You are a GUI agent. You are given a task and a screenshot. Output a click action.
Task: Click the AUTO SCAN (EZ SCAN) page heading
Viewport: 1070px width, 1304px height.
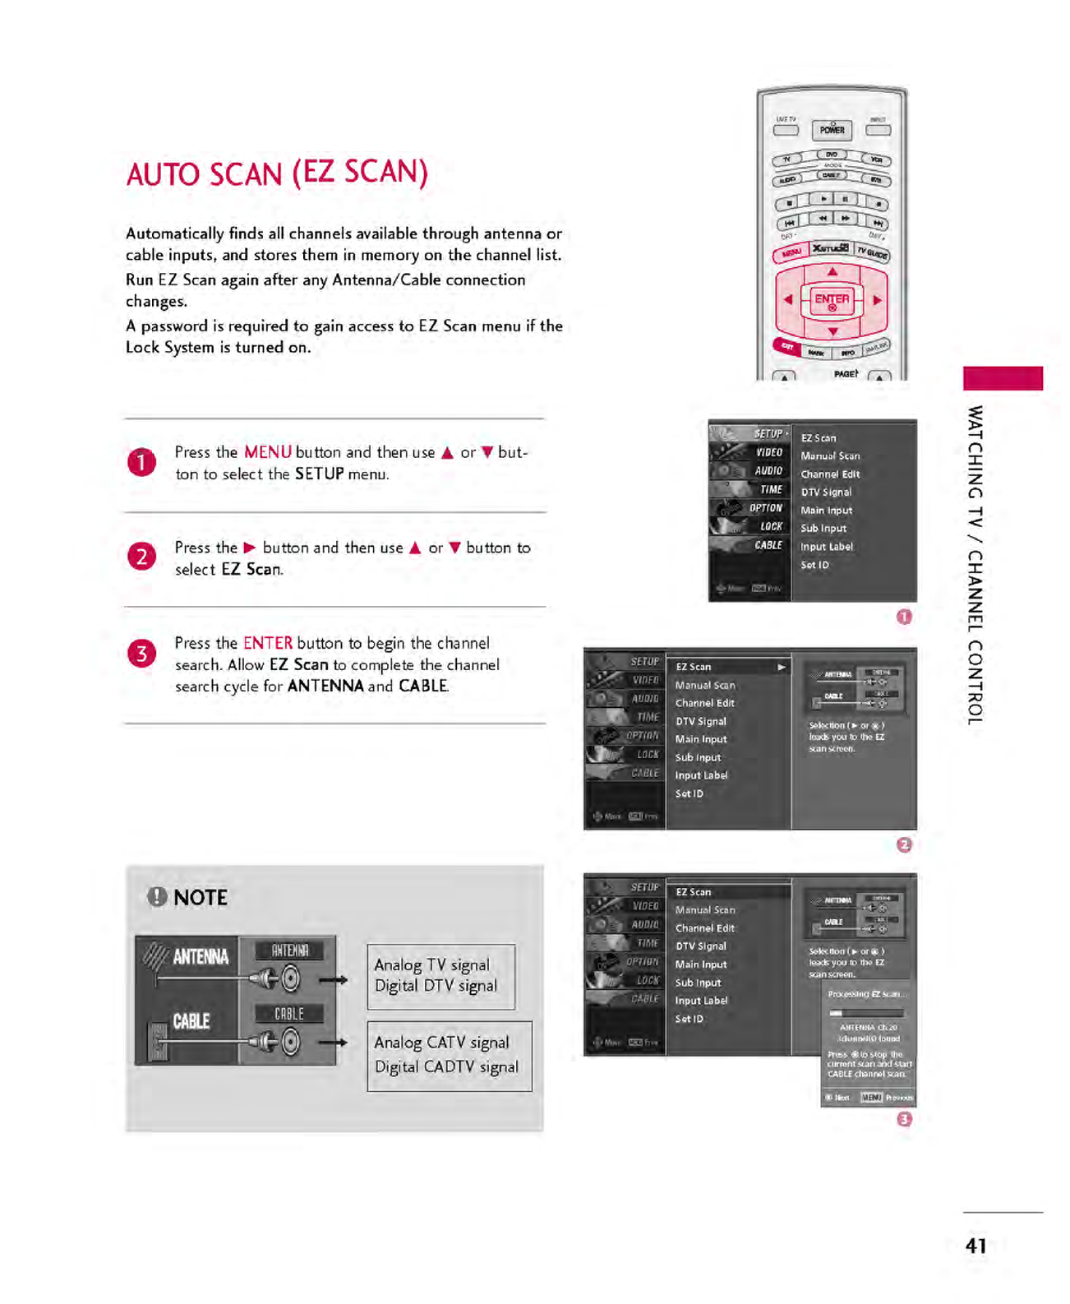(277, 173)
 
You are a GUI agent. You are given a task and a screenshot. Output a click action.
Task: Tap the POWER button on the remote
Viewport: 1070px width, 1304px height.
(832, 130)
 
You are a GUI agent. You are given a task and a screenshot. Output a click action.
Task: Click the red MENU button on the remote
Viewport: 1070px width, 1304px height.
(791, 253)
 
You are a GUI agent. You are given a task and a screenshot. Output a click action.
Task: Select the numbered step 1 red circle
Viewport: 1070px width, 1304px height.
(141, 462)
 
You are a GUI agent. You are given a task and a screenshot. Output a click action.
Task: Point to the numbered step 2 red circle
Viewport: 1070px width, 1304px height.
(141, 557)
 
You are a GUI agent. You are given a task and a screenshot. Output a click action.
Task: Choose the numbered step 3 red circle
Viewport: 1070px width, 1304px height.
(141, 654)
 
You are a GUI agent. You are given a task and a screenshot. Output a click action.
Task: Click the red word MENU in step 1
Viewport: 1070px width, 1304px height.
(267, 452)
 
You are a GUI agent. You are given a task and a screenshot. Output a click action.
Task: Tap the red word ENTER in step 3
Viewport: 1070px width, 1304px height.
(267, 643)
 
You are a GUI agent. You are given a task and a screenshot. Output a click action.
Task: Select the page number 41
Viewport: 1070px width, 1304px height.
(975, 1246)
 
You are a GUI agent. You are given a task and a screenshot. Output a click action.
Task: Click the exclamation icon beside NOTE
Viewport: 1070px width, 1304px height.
(156, 897)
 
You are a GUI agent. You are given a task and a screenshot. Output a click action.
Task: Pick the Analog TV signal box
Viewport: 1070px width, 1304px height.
(440, 976)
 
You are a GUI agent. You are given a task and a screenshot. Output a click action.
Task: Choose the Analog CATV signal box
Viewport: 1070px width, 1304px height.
(449, 1055)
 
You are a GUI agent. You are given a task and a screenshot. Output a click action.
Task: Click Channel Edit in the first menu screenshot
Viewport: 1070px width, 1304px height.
(830, 474)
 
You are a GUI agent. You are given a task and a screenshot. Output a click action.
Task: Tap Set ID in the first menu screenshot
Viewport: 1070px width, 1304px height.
(814, 565)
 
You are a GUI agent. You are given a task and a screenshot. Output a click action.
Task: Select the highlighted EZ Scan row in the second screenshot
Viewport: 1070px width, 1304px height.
(728, 667)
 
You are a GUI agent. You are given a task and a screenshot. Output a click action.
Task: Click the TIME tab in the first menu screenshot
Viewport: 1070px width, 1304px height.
(770, 489)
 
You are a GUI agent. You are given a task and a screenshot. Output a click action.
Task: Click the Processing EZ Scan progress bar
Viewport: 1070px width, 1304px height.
(866, 1013)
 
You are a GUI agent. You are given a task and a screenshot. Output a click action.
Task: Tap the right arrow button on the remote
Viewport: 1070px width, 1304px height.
(878, 300)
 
